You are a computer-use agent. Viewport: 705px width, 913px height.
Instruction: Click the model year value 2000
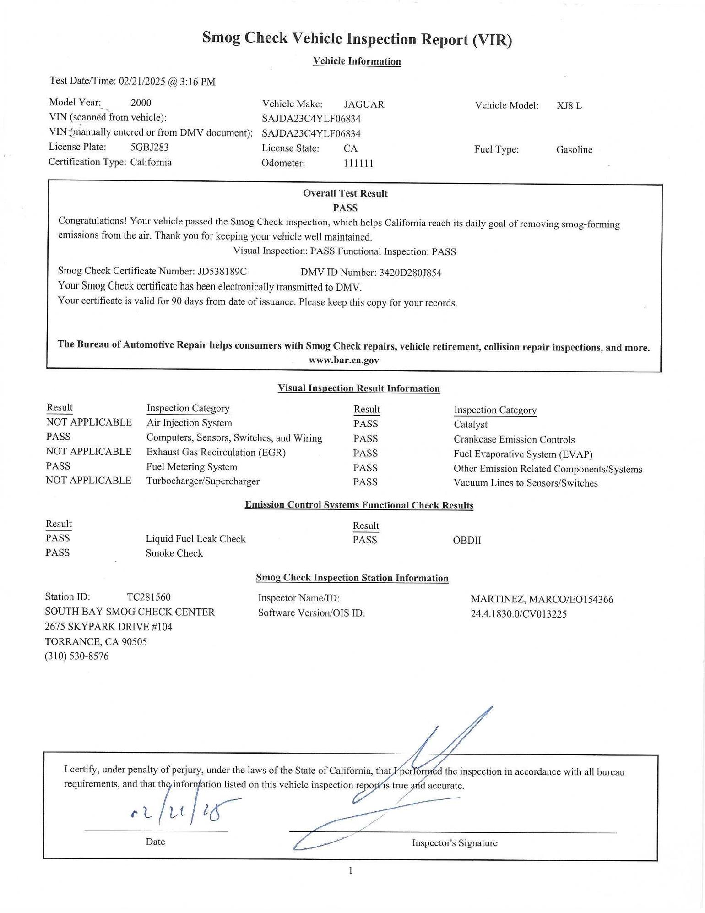pos(141,103)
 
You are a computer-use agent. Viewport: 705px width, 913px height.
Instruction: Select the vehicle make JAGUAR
pos(364,104)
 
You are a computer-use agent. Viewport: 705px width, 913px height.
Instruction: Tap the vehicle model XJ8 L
pos(569,105)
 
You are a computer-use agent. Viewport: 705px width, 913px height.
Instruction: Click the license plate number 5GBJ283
pos(150,147)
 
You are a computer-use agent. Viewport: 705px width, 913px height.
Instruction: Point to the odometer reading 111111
pos(358,163)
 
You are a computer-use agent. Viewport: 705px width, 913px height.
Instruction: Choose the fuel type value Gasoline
pos(574,150)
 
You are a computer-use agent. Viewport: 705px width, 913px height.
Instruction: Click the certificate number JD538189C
pos(222,271)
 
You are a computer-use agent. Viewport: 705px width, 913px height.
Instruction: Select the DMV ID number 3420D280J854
pos(410,273)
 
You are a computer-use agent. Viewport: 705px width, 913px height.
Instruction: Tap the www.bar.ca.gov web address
pos(344,360)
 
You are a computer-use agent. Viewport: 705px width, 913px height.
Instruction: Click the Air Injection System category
pos(189,423)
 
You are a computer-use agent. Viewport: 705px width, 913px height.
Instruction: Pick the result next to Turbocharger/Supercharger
pos(88,480)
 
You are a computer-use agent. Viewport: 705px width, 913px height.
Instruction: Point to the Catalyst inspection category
pos(471,425)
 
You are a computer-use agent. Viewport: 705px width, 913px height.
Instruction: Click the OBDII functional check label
pos(467,540)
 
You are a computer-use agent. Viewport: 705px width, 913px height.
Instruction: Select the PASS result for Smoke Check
pos(58,552)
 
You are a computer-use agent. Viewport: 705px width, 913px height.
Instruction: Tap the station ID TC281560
pos(149,597)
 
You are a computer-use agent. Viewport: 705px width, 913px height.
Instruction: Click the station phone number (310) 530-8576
pos(77,656)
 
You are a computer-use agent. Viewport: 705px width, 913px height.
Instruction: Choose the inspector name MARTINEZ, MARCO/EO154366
pos(542,599)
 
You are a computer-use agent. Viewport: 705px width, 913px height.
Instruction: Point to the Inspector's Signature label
pos(454,843)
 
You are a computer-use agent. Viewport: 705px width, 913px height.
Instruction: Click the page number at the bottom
pos(351,870)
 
